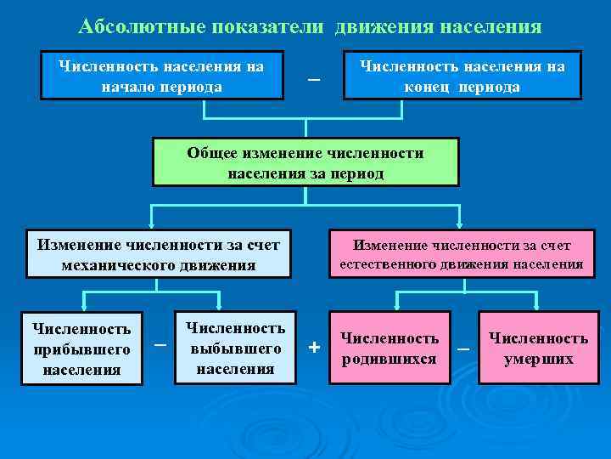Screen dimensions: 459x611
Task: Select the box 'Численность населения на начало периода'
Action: coord(162,76)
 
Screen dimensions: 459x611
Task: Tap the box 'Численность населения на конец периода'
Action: coord(462,76)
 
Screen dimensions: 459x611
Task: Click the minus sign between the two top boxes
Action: coord(314,79)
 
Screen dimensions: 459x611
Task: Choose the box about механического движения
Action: coord(159,254)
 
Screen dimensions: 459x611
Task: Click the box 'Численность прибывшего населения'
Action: coord(81,348)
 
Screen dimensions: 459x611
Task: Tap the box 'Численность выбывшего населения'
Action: coord(235,348)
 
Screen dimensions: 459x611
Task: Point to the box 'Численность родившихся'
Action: coord(390,348)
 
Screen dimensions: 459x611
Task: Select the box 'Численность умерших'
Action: coord(539,348)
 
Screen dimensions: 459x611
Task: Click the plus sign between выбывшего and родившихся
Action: coord(315,347)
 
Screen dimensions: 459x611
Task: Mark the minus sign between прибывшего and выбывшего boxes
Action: coord(160,344)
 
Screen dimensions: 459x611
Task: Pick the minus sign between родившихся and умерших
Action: coord(463,348)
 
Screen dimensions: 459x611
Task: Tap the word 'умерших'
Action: coord(539,359)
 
